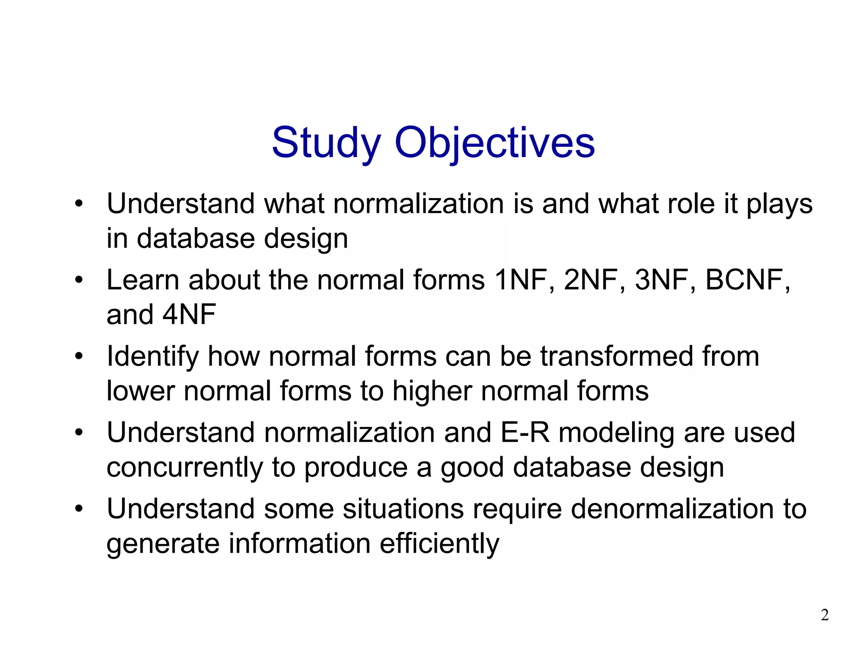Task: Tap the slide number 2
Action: (x=825, y=615)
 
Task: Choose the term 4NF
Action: (x=189, y=315)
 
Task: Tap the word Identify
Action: (x=152, y=357)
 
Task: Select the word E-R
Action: (x=525, y=433)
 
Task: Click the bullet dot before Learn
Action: (x=79, y=280)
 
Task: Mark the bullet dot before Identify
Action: (x=79, y=356)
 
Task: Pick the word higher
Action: (x=432, y=391)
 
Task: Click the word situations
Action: (x=403, y=509)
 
